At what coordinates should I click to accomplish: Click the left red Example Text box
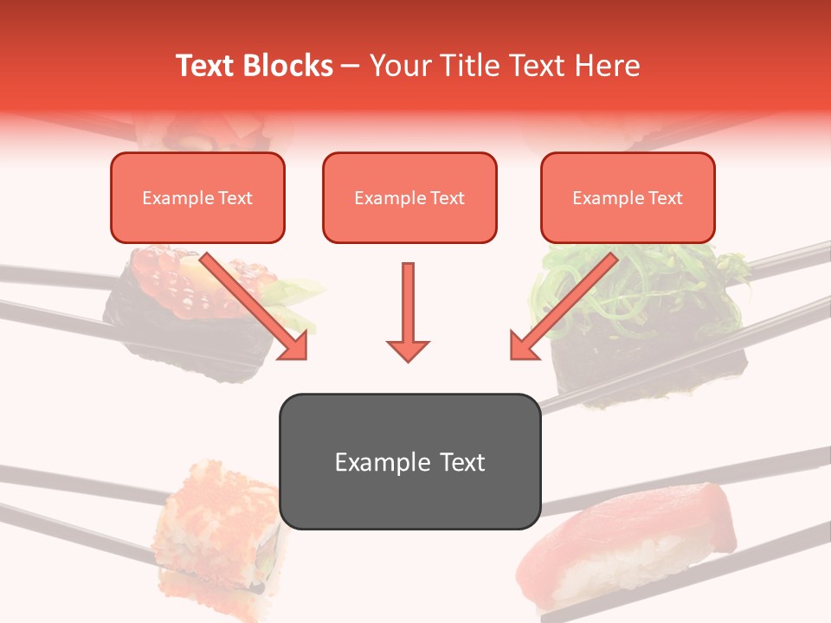point(197,198)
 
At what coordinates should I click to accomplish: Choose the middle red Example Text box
point(409,198)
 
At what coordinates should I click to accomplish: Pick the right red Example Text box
point(628,198)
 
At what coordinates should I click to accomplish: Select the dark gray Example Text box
point(409,462)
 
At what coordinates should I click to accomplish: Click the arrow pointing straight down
point(408,311)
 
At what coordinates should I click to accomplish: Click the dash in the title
point(351,66)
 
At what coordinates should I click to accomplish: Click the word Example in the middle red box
point(386,198)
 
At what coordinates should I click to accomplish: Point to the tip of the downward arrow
point(408,359)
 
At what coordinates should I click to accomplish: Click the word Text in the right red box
point(665,198)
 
